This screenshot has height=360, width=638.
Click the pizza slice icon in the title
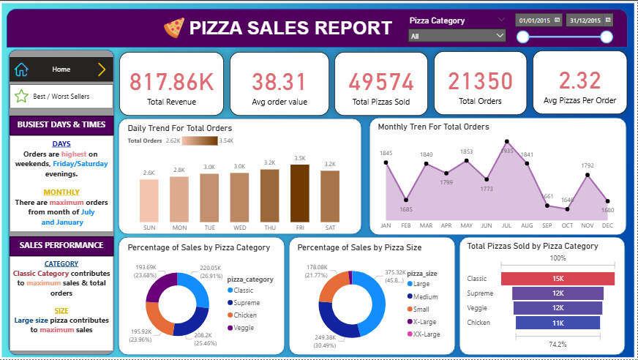[x=174, y=28]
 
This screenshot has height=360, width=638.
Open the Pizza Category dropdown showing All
[x=457, y=35]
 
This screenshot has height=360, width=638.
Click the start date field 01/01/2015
[x=538, y=20]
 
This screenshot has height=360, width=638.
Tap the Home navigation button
[x=61, y=70]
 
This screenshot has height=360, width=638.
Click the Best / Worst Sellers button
[x=61, y=96]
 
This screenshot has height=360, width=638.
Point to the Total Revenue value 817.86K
[x=171, y=80]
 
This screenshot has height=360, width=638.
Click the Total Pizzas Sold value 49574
[x=380, y=80]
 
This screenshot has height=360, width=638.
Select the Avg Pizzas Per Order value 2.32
[x=579, y=80]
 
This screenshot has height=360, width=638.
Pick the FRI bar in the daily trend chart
[x=300, y=193]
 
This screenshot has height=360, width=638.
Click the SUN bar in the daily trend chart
[x=149, y=200]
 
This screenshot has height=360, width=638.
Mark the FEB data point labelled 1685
[x=406, y=200]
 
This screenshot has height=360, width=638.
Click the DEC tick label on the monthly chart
[x=607, y=226]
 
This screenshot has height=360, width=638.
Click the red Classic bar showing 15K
[x=558, y=279]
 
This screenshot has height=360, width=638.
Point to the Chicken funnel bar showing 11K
[x=558, y=323]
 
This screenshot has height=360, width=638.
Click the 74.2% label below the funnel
[x=558, y=343]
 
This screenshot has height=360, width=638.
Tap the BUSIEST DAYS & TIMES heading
[x=61, y=124]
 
